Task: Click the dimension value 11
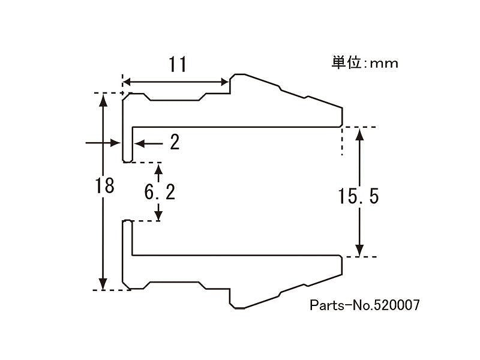(x=178, y=65)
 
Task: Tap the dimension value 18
(x=104, y=185)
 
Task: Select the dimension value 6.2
(x=160, y=192)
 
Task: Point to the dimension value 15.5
(x=358, y=196)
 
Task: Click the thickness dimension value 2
(x=175, y=142)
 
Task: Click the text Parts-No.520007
(x=365, y=305)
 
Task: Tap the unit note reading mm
(x=384, y=64)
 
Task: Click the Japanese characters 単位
(x=346, y=62)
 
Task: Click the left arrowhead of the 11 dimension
(x=127, y=82)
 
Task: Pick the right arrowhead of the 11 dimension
(x=224, y=82)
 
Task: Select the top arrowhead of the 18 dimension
(x=103, y=100)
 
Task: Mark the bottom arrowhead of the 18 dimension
(x=103, y=283)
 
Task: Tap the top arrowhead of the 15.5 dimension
(x=360, y=133)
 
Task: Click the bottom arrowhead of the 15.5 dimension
(x=360, y=250)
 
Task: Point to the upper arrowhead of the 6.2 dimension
(x=158, y=169)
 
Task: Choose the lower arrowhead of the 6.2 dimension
(x=158, y=215)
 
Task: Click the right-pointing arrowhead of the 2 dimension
(x=115, y=143)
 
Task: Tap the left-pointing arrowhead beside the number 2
(x=139, y=143)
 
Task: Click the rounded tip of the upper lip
(x=127, y=161)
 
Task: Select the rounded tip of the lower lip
(x=127, y=221)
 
